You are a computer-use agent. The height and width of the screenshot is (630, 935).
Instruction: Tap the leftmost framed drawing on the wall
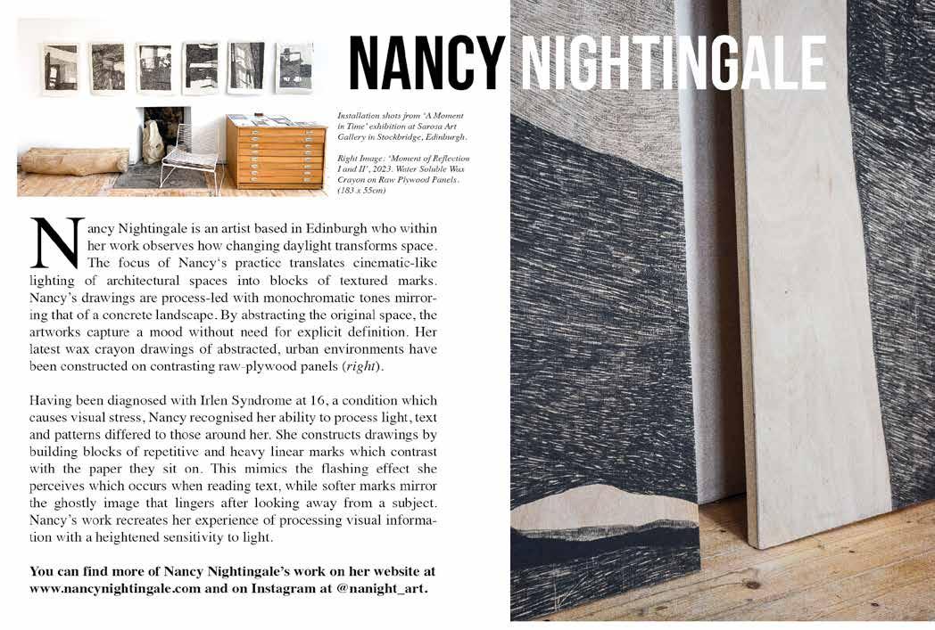(61, 68)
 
